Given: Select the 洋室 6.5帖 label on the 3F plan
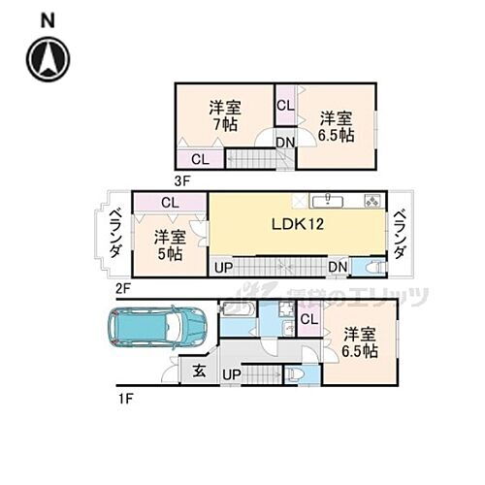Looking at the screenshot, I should click(x=336, y=125).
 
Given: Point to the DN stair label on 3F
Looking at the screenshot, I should click(x=284, y=144).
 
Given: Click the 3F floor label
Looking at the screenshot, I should click(x=181, y=179).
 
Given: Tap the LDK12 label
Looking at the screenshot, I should click(x=296, y=224).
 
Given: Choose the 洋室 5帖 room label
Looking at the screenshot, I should click(x=169, y=244).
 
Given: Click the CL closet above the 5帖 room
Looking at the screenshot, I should click(x=170, y=203).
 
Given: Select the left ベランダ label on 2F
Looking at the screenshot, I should click(x=114, y=233).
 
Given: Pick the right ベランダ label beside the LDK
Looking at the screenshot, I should click(x=400, y=234).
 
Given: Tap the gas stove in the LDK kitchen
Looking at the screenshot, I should click(x=372, y=201).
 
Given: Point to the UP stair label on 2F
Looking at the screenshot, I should click(x=222, y=267).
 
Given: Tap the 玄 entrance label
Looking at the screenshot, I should click(x=199, y=369).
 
